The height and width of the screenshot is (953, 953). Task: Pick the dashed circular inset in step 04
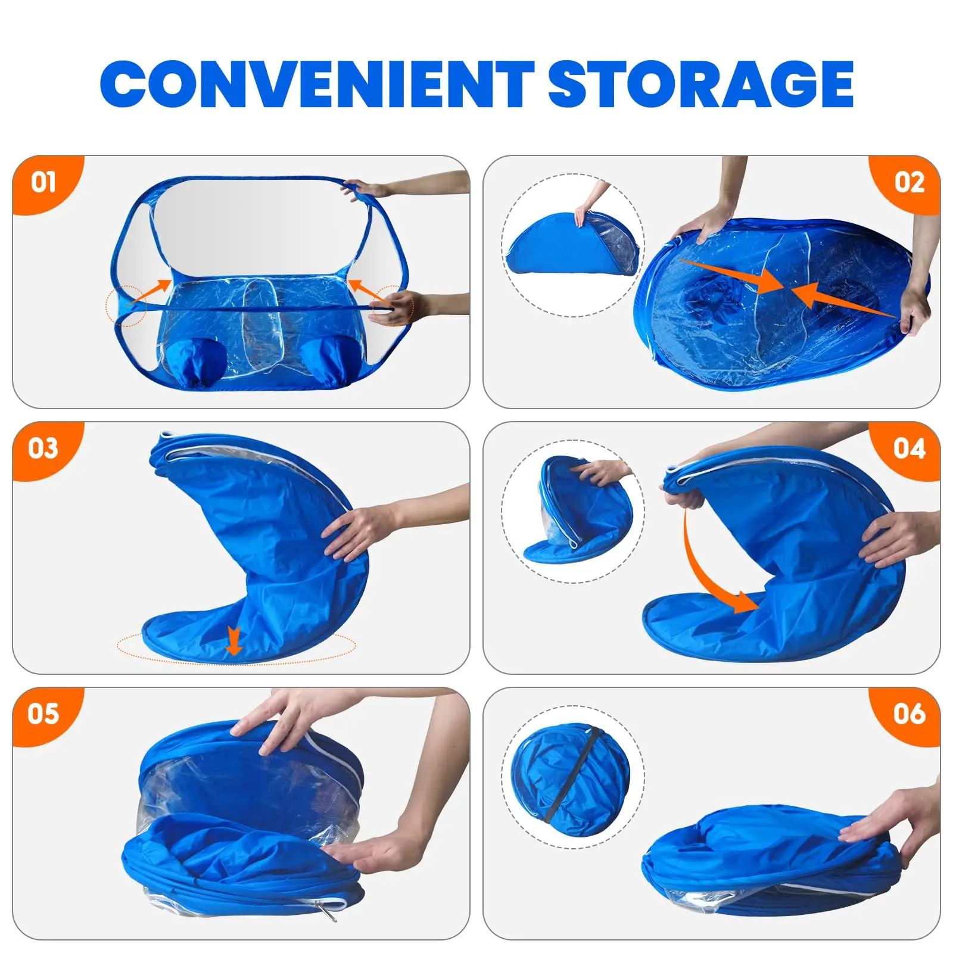coord(573,511)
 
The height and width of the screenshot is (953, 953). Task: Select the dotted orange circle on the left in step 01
coord(126,305)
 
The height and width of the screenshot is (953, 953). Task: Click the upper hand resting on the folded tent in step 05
coord(280,724)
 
